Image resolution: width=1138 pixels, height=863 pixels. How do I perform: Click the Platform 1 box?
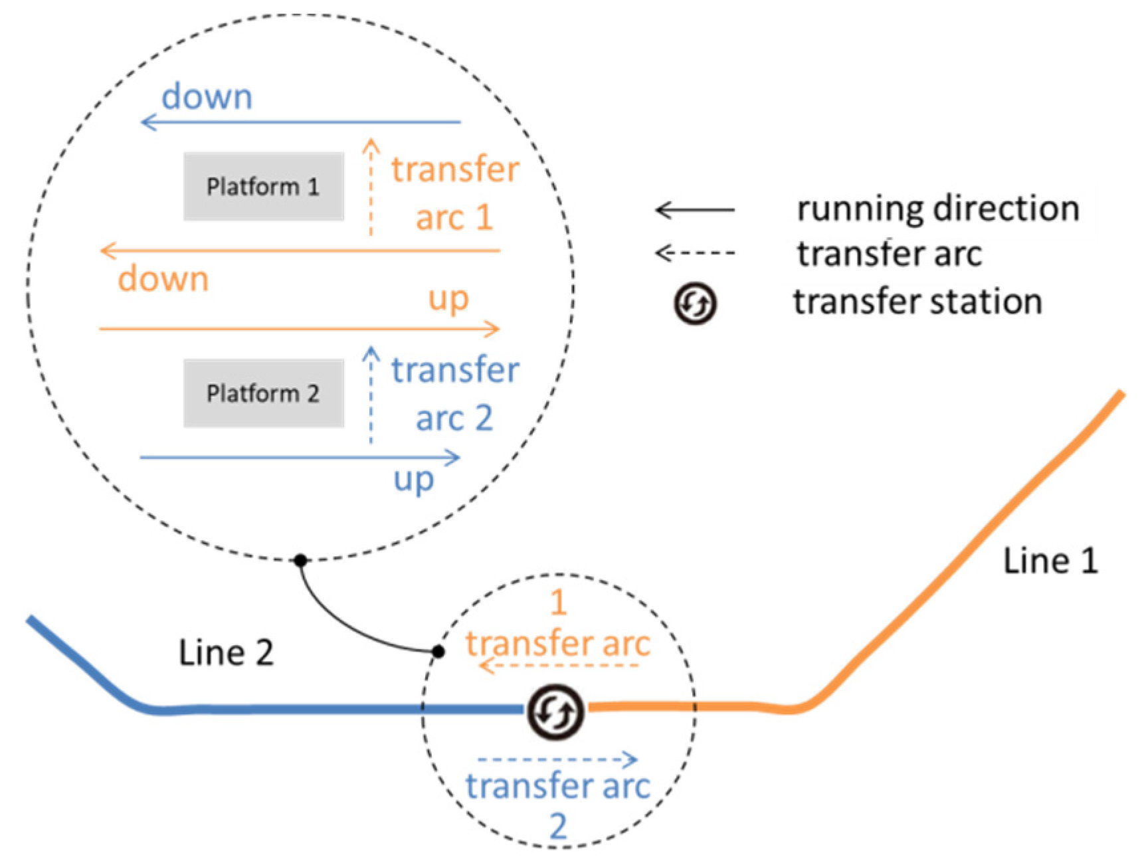click(264, 186)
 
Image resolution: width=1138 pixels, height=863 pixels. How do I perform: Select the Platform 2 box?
click(264, 393)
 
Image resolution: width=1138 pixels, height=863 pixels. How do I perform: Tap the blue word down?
click(207, 97)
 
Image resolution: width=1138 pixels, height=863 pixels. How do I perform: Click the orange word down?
click(163, 279)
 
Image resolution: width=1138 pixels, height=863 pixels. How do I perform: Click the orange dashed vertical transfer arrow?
click(371, 189)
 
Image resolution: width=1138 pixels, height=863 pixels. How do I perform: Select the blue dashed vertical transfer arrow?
click(371, 397)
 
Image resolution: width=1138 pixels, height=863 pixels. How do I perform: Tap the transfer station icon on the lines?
click(555, 712)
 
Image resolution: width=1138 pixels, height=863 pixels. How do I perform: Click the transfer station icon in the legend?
click(695, 304)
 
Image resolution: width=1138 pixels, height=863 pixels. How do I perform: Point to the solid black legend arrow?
click(695, 210)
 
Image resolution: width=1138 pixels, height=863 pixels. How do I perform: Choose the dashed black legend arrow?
click(695, 252)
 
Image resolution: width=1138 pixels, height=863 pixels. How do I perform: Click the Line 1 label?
click(1049, 561)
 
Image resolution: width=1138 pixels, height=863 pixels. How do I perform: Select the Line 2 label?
click(226, 652)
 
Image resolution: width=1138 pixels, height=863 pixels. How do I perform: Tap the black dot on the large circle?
click(301, 560)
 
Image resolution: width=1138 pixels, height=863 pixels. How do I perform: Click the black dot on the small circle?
click(438, 651)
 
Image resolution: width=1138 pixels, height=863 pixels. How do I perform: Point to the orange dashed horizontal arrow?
click(558, 665)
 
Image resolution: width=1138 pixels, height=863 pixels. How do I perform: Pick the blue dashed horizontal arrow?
click(557, 759)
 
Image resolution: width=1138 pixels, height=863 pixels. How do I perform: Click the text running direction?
click(937, 209)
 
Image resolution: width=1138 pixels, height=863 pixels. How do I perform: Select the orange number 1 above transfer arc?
click(558, 603)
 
